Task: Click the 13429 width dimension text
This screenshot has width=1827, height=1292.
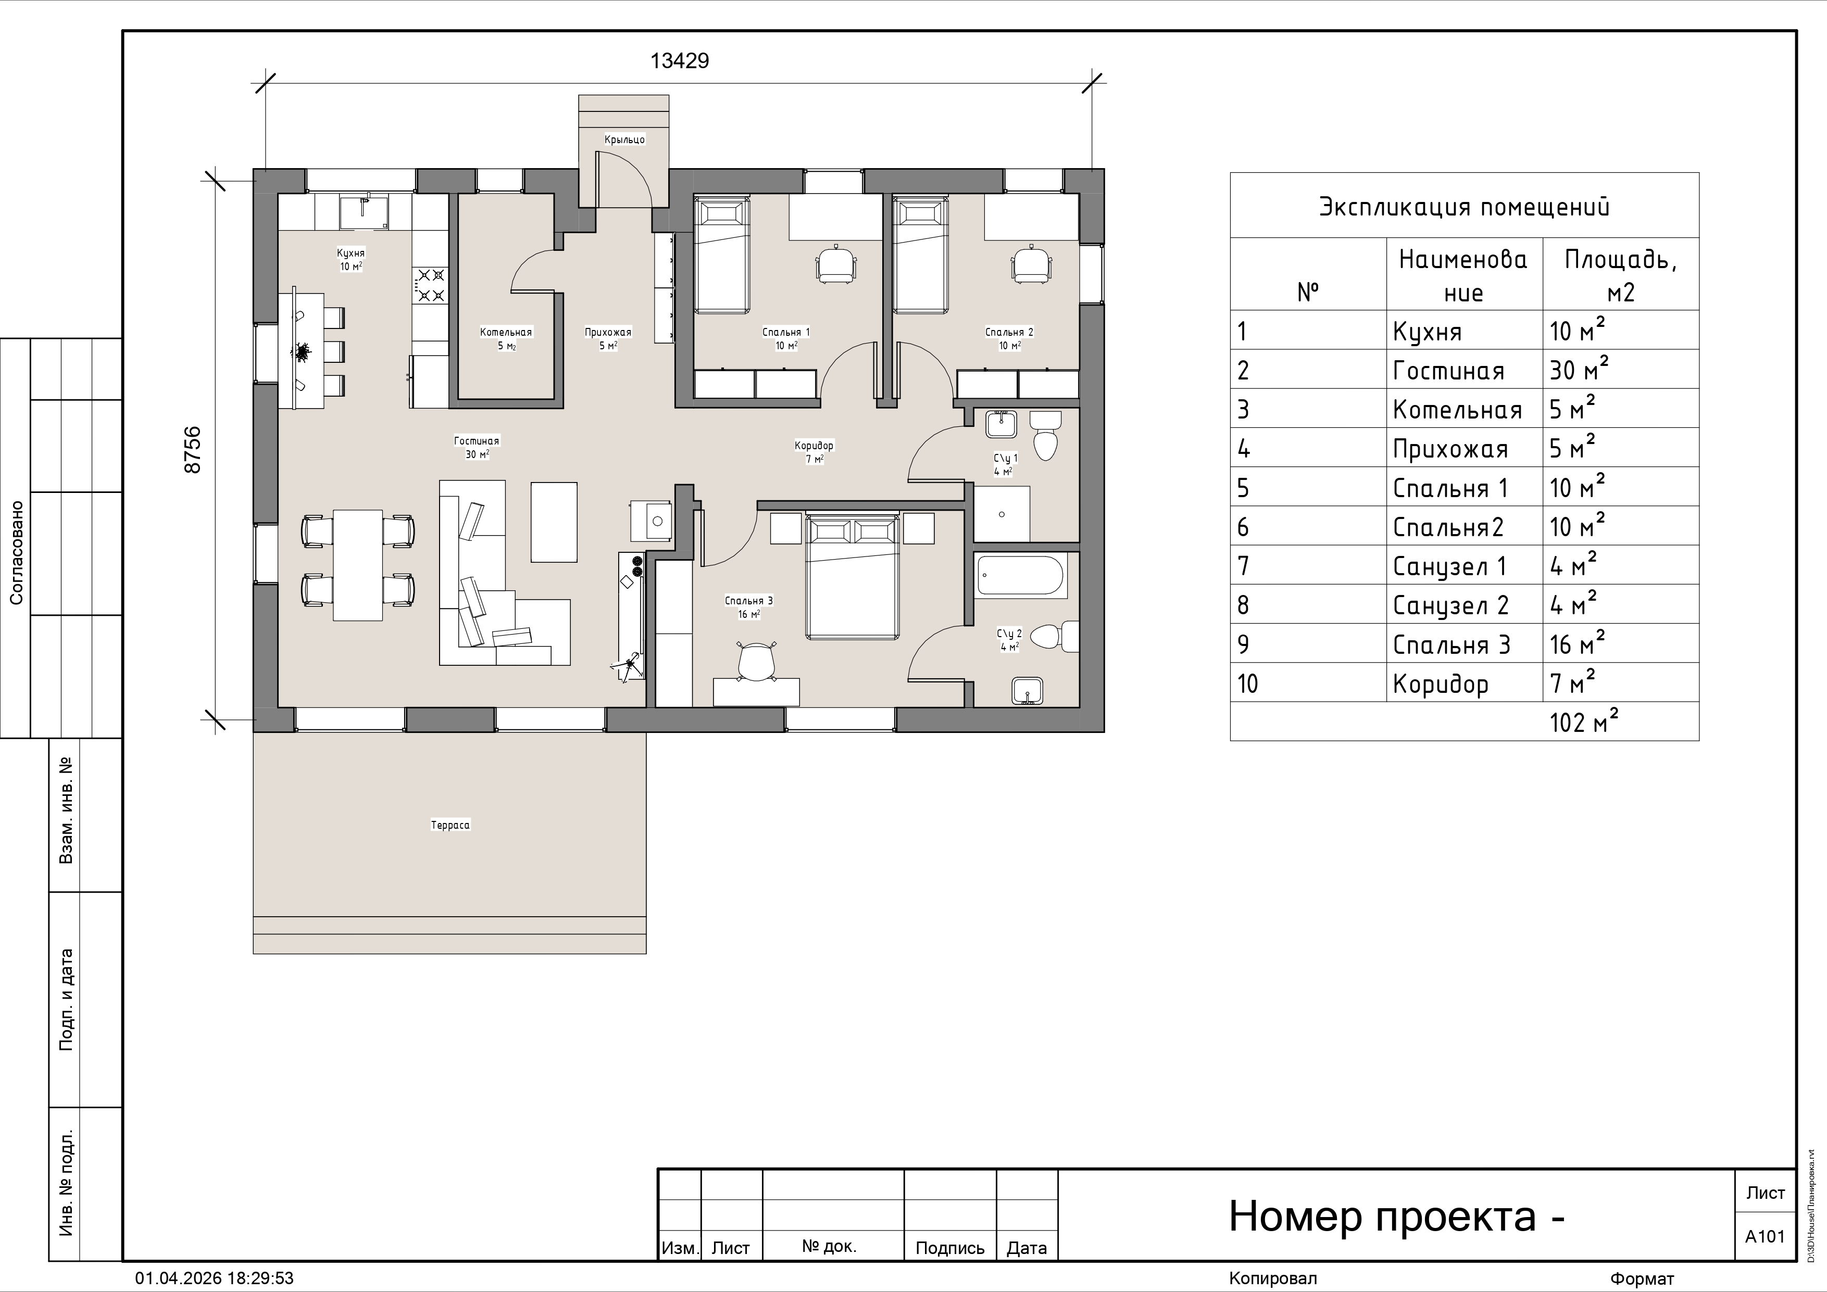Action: tap(680, 60)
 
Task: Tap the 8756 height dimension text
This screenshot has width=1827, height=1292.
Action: tap(193, 450)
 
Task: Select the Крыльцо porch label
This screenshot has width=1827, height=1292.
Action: tap(624, 139)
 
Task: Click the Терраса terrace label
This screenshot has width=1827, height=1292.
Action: tap(451, 825)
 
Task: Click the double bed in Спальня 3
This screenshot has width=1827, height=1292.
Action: tap(852, 577)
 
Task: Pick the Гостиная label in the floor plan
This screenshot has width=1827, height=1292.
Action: tap(477, 441)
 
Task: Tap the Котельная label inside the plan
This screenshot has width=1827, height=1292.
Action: tap(506, 332)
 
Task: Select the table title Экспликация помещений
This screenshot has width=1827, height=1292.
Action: tap(1464, 207)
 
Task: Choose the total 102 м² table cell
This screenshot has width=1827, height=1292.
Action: tap(1583, 721)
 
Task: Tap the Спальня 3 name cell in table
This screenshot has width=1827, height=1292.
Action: tap(1451, 644)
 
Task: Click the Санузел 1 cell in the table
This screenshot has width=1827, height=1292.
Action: tap(1450, 566)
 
